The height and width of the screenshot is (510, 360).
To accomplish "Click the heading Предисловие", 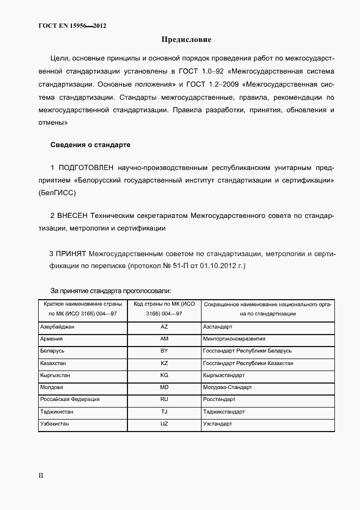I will point(186,40).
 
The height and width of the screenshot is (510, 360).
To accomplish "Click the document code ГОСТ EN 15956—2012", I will point(72,26).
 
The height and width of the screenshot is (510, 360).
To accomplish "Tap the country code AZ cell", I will point(164,327).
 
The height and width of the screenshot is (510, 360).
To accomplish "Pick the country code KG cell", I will point(164,375).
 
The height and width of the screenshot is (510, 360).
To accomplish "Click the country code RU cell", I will point(164,399).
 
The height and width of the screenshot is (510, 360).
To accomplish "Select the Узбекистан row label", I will point(56,423).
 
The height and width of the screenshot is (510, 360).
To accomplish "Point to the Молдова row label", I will point(52,387).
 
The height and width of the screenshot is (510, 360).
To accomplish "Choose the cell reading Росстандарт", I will point(220,399).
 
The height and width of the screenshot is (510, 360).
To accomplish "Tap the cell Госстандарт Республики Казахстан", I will point(248,363).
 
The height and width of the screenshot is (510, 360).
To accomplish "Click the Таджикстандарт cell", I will point(224,411).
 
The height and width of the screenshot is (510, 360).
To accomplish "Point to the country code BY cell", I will point(164,351).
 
